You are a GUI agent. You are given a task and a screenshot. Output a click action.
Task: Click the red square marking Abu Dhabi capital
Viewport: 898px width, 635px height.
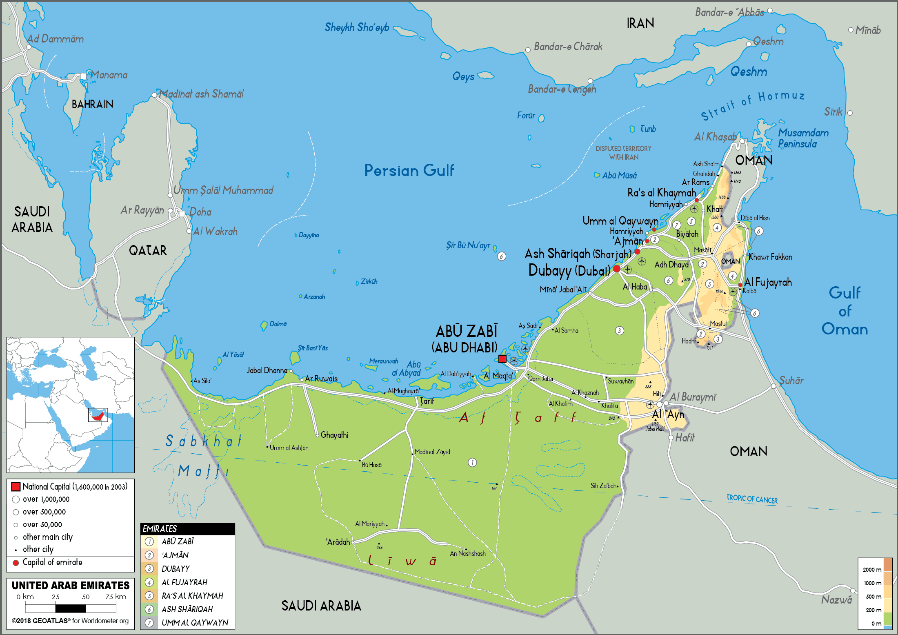tap(502, 359)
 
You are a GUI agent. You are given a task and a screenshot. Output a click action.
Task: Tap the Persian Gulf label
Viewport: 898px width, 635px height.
tap(409, 170)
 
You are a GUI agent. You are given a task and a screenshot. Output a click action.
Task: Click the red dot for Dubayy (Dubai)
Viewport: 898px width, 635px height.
tap(617, 269)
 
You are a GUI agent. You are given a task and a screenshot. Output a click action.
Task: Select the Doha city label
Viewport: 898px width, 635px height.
tap(200, 212)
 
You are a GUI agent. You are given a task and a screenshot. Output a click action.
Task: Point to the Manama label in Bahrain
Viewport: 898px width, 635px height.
tap(109, 75)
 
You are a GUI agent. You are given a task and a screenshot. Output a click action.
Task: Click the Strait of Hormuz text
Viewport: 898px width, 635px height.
tap(753, 105)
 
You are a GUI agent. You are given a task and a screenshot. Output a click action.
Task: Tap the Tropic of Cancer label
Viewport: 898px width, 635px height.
tap(752, 499)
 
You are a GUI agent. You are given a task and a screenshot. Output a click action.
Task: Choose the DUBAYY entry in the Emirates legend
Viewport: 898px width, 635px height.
tap(176, 569)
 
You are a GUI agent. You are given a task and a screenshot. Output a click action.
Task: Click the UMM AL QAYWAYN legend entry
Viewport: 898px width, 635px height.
tap(195, 623)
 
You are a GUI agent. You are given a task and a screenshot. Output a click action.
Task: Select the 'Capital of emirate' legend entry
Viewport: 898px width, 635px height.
tap(52, 562)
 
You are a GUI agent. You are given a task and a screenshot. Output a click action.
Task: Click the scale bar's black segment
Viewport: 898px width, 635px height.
tap(71, 608)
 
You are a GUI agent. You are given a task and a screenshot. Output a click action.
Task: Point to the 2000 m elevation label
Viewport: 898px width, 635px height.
tap(872, 570)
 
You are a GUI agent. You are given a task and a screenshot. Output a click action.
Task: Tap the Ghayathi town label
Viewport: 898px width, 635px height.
tap(334, 435)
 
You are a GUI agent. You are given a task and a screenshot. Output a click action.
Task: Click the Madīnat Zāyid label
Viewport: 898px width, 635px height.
tap(432, 452)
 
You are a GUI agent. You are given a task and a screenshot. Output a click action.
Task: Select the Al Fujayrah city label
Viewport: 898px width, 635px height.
tap(767, 282)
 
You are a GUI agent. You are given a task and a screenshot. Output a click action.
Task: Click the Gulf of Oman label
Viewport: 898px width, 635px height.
tap(845, 311)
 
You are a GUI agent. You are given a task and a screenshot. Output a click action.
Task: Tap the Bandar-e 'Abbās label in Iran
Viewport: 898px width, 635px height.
tap(729, 13)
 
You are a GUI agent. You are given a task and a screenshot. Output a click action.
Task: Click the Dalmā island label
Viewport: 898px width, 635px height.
tap(278, 324)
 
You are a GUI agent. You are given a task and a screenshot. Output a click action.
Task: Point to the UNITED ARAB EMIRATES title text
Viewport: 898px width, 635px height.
tap(71, 586)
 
